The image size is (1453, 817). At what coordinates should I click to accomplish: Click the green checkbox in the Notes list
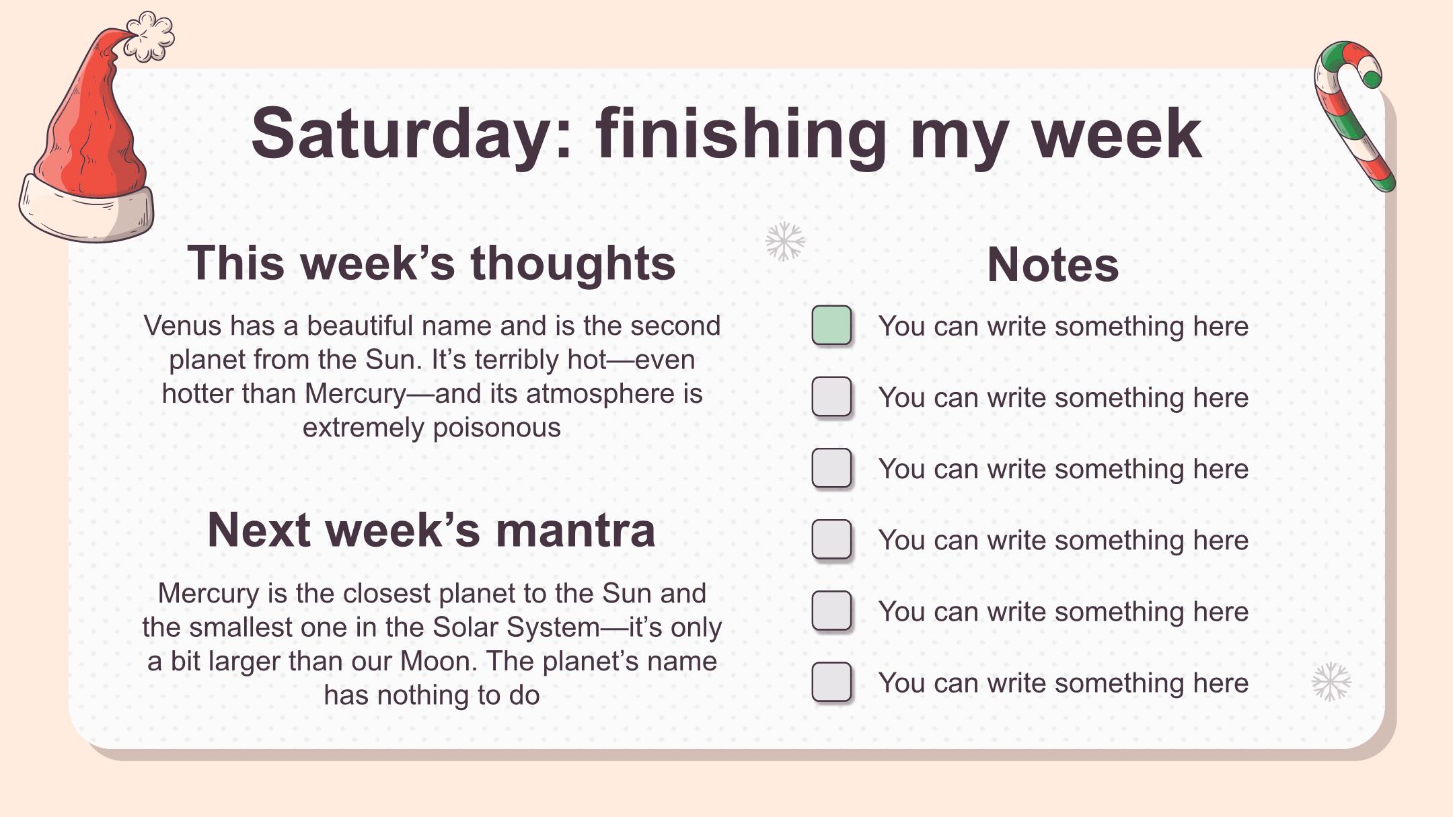point(831,325)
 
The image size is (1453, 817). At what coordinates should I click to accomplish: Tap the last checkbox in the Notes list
point(831,682)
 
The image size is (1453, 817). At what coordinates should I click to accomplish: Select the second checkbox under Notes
point(831,397)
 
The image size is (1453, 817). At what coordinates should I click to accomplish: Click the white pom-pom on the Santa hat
point(149,36)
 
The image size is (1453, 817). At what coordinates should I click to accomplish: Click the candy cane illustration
point(1353,116)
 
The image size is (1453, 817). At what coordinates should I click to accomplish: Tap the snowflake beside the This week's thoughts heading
point(785,241)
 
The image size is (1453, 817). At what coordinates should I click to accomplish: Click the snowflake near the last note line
point(1331,682)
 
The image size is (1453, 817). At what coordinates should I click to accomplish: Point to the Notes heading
point(1053,265)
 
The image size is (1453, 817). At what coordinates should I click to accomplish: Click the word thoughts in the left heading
point(573,263)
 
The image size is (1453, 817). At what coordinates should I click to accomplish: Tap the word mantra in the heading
point(575,530)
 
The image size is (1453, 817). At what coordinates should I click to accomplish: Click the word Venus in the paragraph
point(182,325)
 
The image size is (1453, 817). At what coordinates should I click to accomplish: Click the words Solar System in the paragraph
point(516,627)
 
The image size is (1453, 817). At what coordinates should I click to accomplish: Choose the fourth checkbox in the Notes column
point(831,539)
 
